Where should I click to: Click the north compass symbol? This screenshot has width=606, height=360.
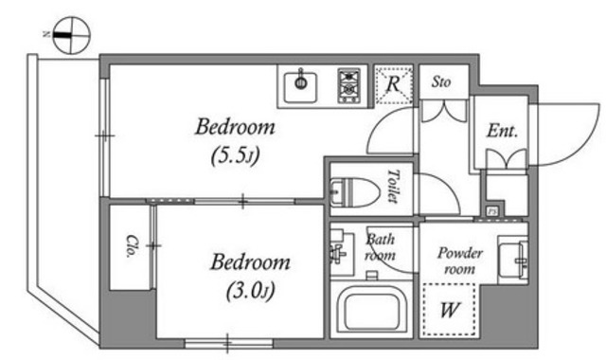coord(71,35)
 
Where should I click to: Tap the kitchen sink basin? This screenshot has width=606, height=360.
coord(301,87)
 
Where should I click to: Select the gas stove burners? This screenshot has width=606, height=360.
coord(349,86)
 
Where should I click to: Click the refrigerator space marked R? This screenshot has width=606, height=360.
coord(394,84)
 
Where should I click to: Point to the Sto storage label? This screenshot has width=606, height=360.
coord(441,82)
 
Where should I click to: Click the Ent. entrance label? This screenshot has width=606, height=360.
coord(502,131)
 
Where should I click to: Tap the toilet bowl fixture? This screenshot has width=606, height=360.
coord(355,192)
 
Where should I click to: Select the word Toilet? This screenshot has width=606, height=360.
coord(394,186)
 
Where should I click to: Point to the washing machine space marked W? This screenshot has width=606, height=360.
coord(449,310)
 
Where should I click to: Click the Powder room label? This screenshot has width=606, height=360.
coord(459,261)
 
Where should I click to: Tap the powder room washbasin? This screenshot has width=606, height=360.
coord(512,260)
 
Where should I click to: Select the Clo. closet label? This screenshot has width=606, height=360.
coord(131,246)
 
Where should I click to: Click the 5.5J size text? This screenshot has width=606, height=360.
coord(235,156)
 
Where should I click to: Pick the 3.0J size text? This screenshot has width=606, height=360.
coord(250,291)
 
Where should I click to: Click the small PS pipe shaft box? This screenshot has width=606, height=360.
coord(492,211)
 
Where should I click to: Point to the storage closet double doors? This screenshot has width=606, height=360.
coord(444,112)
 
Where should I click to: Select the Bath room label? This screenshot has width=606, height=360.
coord(381,247)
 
